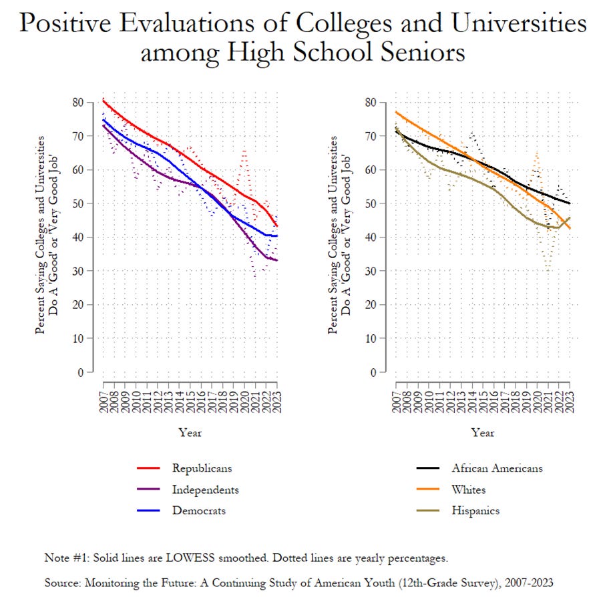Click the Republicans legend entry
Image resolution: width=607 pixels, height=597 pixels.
click(x=202, y=468)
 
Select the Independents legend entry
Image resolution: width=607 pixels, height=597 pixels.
click(x=205, y=490)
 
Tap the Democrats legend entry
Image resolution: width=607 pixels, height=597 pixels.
click(x=198, y=511)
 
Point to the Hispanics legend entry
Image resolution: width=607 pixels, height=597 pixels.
click(x=476, y=511)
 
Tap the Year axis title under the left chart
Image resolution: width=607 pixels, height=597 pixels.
click(x=190, y=432)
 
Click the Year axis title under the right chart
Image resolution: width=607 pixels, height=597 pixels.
click(x=483, y=432)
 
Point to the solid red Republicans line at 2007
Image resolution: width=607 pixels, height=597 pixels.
click(x=104, y=100)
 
